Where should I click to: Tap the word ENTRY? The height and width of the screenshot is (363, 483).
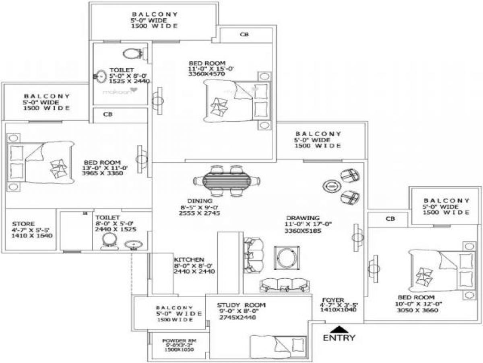(x=339, y=338)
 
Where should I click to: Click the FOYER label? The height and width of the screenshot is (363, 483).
(x=332, y=300)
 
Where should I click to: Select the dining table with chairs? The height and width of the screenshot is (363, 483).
(x=226, y=181)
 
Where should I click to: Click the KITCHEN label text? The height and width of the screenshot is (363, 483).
(x=189, y=260)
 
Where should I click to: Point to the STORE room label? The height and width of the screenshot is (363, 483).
(x=23, y=224)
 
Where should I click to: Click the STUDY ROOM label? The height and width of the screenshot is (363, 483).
(x=241, y=305)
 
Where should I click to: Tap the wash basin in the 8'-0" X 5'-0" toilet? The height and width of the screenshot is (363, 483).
(x=131, y=245)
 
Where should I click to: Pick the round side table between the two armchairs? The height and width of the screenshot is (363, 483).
(x=330, y=186)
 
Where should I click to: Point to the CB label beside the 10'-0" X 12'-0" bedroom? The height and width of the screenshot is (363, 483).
(x=390, y=219)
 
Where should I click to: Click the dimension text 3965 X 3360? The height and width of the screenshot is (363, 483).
(x=102, y=173)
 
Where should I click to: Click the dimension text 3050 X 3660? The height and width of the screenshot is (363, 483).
(x=417, y=310)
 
